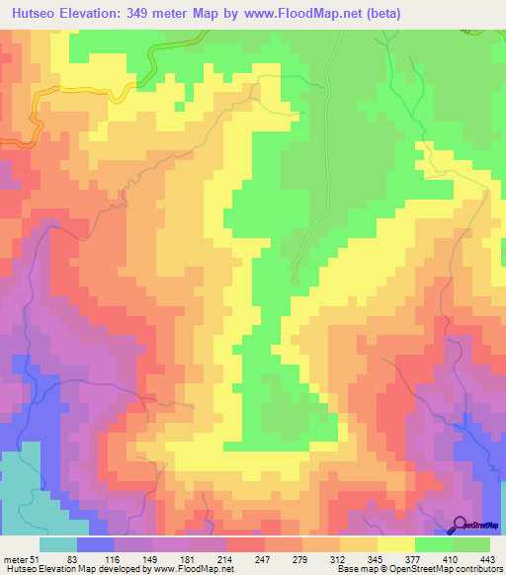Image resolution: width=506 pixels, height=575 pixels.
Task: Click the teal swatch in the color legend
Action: (57, 544)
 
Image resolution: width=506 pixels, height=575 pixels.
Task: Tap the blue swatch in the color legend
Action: (95, 544)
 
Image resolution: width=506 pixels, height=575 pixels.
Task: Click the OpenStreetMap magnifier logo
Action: (460, 525)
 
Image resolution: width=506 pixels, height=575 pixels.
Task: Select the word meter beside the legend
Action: (14, 558)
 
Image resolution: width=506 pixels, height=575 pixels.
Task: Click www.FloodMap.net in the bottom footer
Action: (193, 569)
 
